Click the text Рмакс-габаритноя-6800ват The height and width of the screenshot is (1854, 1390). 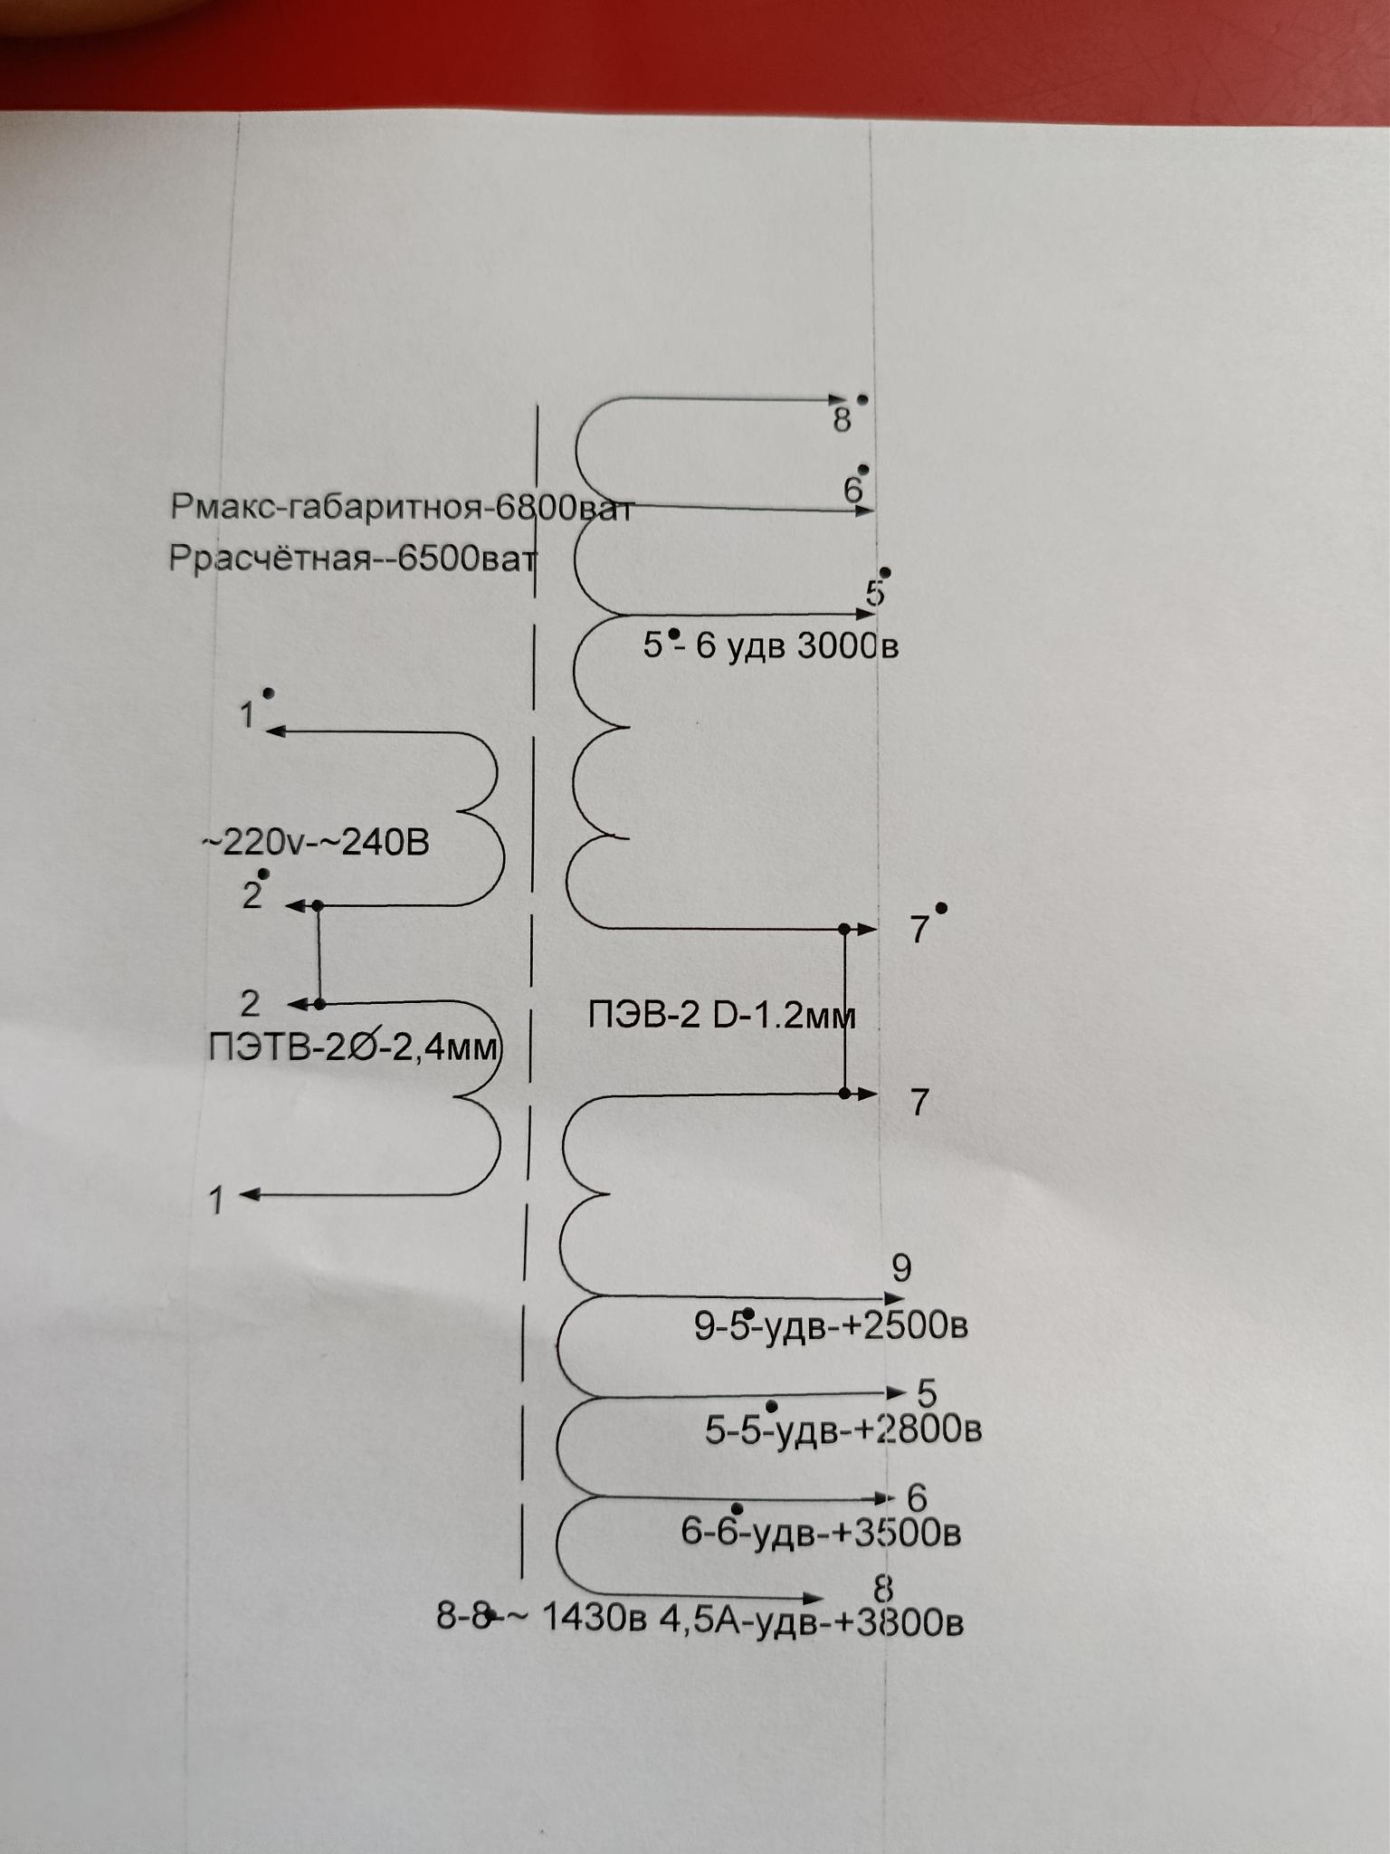[401, 508]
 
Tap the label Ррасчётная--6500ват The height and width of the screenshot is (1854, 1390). [352, 559]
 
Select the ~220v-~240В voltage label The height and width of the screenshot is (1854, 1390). [315, 843]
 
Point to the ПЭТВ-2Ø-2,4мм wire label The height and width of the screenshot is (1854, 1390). [353, 1047]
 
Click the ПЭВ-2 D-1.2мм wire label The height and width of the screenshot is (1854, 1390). [721, 1016]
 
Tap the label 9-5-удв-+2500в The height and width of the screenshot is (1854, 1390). [831, 1326]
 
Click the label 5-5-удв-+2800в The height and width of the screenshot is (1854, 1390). [843, 1429]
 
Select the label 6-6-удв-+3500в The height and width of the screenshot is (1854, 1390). [821, 1533]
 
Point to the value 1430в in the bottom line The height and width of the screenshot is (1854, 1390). [594, 1619]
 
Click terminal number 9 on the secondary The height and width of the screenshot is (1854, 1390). [901, 1268]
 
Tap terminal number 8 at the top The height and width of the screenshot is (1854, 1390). [842, 420]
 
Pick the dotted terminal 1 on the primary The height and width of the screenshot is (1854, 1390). [247, 716]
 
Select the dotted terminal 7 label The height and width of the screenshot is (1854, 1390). [919, 930]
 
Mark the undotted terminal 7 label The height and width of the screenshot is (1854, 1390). [919, 1103]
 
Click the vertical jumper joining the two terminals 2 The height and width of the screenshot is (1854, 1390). [319, 954]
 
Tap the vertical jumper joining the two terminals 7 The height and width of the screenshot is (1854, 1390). [845, 1012]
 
